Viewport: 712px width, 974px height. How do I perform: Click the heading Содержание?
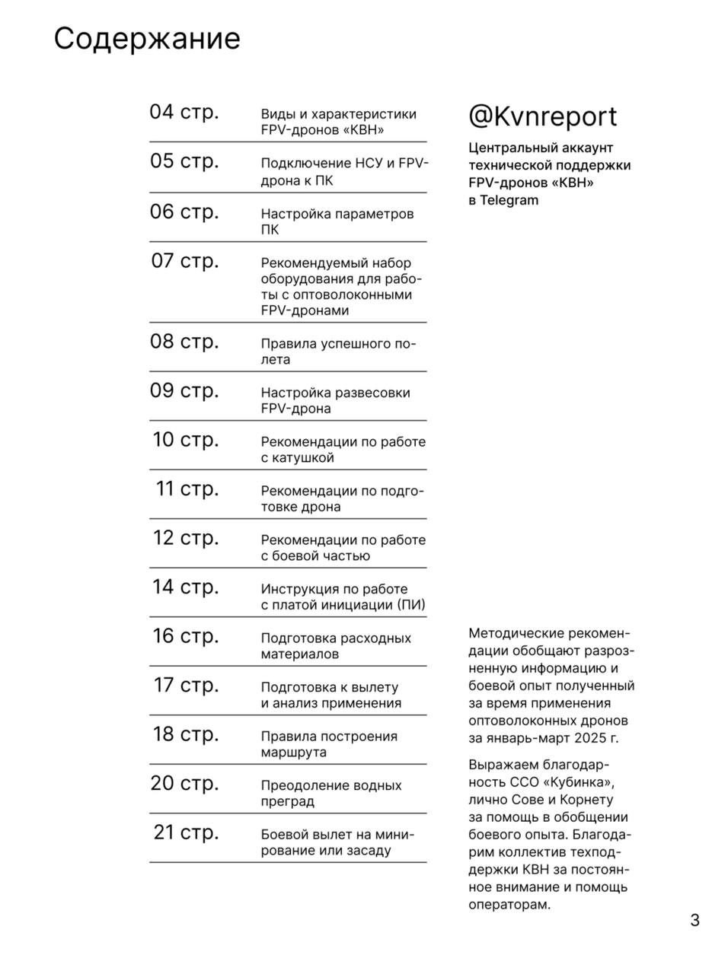point(147,39)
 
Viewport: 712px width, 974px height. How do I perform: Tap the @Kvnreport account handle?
point(542,116)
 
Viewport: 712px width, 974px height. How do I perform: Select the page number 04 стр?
point(184,112)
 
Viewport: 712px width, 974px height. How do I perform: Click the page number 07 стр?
point(184,261)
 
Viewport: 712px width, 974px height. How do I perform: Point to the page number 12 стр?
point(185,538)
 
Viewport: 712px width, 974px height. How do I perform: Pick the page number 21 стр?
point(185,832)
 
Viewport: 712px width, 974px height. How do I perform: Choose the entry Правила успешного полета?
point(338,352)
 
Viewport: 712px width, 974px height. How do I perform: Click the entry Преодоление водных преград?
point(330,793)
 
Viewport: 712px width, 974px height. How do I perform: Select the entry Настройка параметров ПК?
point(337,221)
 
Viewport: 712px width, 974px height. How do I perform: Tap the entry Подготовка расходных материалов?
point(335,646)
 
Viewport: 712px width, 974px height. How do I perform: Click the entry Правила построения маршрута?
point(329,744)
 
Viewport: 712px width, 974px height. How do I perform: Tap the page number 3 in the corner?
point(694,920)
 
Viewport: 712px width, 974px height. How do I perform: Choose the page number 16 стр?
point(185,636)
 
